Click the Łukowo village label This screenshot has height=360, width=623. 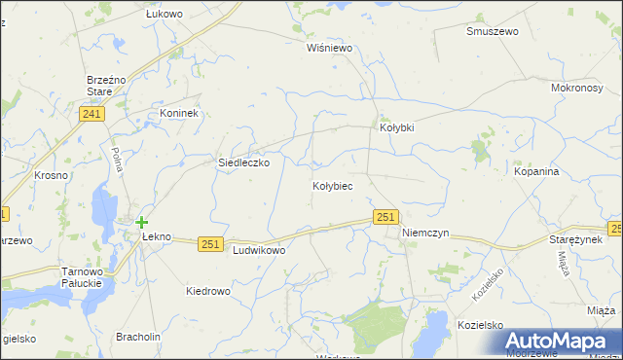pyautogui.click(x=164, y=15)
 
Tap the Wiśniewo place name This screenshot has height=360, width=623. pyautogui.click(x=328, y=47)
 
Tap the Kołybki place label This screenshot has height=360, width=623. pyautogui.click(x=396, y=127)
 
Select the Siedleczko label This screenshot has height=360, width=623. pyautogui.click(x=242, y=163)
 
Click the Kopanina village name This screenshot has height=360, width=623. pyautogui.click(x=536, y=171)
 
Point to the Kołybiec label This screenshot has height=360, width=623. pyautogui.click(x=332, y=185)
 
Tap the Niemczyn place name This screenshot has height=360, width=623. pyautogui.click(x=424, y=234)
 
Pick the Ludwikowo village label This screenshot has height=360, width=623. pyautogui.click(x=259, y=250)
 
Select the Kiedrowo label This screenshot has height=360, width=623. pyautogui.click(x=207, y=291)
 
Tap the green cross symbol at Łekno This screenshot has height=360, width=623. pyautogui.click(x=142, y=222)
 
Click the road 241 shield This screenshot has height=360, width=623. pyautogui.click(x=92, y=115)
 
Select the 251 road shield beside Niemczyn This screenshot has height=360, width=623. pyautogui.click(x=385, y=218)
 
